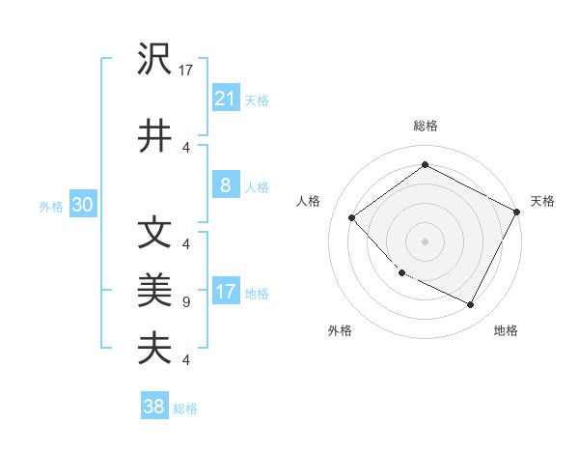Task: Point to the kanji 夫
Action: (155, 346)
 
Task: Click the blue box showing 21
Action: (225, 98)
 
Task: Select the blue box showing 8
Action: (225, 185)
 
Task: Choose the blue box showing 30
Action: (82, 205)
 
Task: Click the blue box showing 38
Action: (154, 407)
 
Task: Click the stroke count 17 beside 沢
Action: (187, 70)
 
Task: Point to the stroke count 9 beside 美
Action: (186, 302)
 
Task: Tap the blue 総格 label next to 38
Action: (185, 409)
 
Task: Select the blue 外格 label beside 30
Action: (51, 207)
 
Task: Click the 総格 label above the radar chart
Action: (425, 126)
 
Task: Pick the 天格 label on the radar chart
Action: (542, 201)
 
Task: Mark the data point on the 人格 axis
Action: (352, 217)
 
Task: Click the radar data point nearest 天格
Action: (517, 211)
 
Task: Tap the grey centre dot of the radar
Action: (425, 241)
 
